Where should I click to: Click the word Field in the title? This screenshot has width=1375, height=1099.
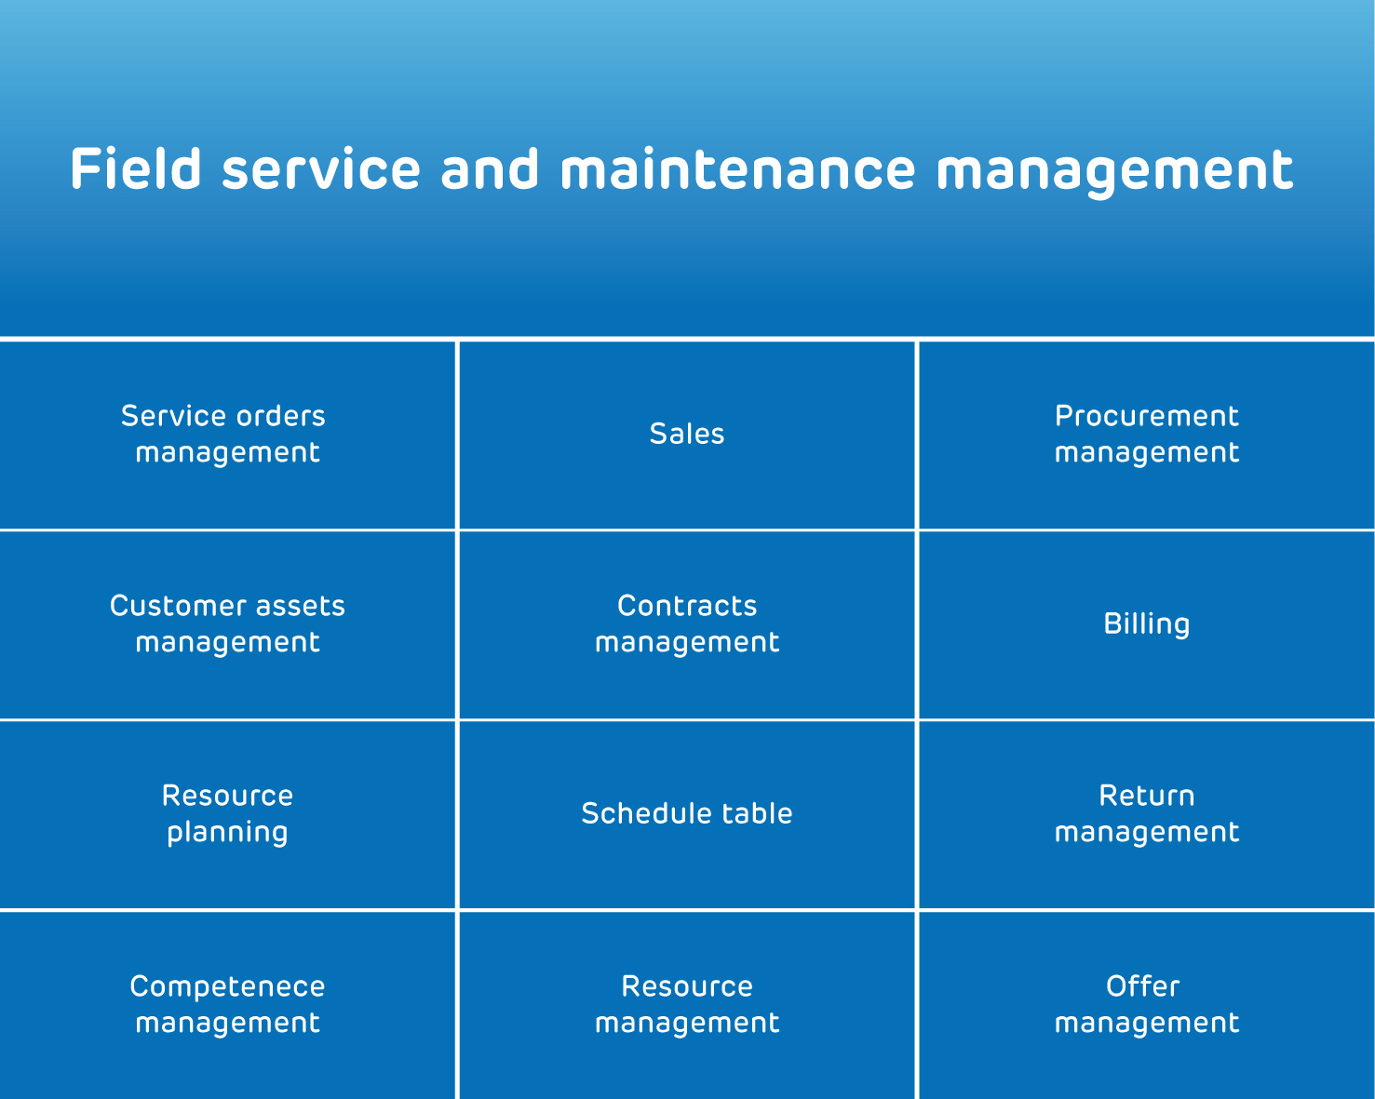tap(136, 168)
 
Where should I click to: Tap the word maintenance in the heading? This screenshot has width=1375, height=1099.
tap(738, 168)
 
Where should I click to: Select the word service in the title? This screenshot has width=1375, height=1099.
tap(321, 168)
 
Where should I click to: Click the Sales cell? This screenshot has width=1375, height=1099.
tap(687, 434)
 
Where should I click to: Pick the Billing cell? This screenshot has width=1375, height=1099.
tap(1146, 623)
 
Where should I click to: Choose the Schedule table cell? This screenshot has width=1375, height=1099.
tap(687, 813)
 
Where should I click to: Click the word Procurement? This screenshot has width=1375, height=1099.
tap(1146, 416)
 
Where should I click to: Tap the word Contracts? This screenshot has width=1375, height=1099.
tap(687, 606)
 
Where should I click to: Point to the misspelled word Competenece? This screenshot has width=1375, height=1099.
tap(227, 986)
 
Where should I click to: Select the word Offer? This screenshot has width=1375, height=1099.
tap(1142, 986)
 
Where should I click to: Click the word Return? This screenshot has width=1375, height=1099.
tap(1146, 796)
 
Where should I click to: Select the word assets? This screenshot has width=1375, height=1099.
tap(300, 606)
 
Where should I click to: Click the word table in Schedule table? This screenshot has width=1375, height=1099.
tap(757, 813)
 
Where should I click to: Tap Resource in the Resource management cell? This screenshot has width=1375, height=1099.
tap(687, 986)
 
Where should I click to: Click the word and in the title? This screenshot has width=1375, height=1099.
tap(490, 168)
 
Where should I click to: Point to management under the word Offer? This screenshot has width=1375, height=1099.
tap(1146, 1024)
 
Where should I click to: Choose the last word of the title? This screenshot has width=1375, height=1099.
tap(1115, 171)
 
